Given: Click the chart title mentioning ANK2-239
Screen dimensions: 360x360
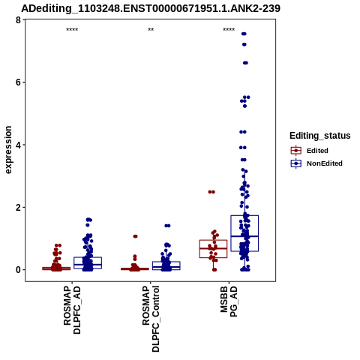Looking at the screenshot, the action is point(151,8).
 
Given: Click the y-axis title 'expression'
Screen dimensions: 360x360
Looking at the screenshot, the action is point(8,150).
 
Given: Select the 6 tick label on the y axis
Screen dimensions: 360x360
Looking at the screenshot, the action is point(18,82).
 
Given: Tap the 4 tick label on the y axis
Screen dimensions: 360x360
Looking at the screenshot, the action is point(18,145).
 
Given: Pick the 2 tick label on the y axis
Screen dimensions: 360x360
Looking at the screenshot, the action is point(18,207).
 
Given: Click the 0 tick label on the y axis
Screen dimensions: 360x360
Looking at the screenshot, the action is point(18,270).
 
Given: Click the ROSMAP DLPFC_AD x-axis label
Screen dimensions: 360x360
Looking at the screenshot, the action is point(72,310).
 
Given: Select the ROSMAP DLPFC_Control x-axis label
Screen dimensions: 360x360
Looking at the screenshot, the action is point(151,319).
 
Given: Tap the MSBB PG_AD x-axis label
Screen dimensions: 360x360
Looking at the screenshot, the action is point(229,301).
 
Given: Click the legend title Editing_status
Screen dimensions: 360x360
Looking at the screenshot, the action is point(320,136).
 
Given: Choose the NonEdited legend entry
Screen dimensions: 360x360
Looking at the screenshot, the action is point(316,163).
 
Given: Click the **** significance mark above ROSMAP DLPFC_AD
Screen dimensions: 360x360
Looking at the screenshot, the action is point(72,30).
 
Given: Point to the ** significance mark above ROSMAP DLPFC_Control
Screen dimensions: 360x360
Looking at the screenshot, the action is point(151,30).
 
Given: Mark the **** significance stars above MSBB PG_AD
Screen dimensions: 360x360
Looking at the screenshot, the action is point(229,30).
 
